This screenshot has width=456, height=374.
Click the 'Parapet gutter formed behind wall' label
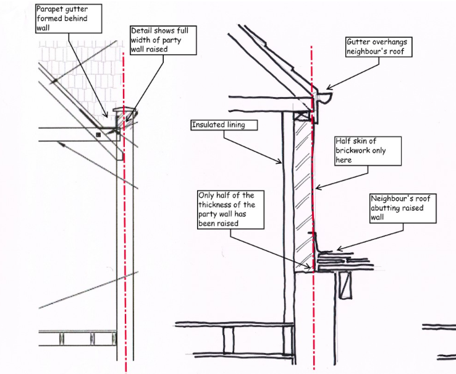click(61, 18)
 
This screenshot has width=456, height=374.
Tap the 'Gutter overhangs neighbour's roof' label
click(378, 47)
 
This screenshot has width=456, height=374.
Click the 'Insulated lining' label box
click(218, 125)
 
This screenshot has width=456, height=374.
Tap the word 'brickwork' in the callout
click(357, 150)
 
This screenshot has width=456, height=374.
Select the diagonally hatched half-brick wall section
click(300, 192)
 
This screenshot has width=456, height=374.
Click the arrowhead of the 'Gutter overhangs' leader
click(327, 88)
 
